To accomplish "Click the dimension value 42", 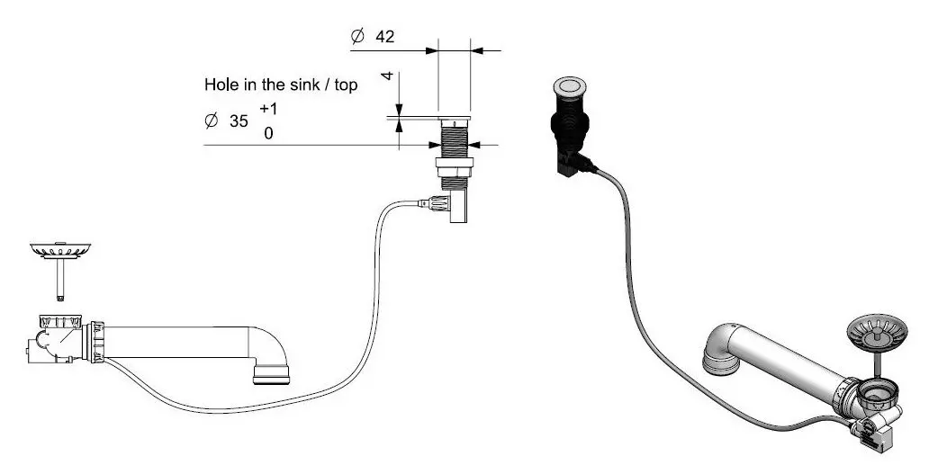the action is click(384, 37).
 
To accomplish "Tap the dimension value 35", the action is click(239, 121).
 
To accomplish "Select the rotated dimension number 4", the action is click(387, 76).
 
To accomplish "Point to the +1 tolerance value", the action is click(268, 109).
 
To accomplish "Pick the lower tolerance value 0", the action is click(269, 134).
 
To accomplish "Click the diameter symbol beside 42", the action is click(357, 37).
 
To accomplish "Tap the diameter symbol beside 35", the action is click(211, 121).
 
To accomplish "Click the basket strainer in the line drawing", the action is click(59, 250).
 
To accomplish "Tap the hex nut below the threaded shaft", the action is click(454, 166).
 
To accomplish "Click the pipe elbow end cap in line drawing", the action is click(271, 375).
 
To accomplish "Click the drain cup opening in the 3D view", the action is click(878, 391).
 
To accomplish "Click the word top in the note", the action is click(346, 85).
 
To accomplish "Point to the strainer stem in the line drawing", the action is click(59, 278).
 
